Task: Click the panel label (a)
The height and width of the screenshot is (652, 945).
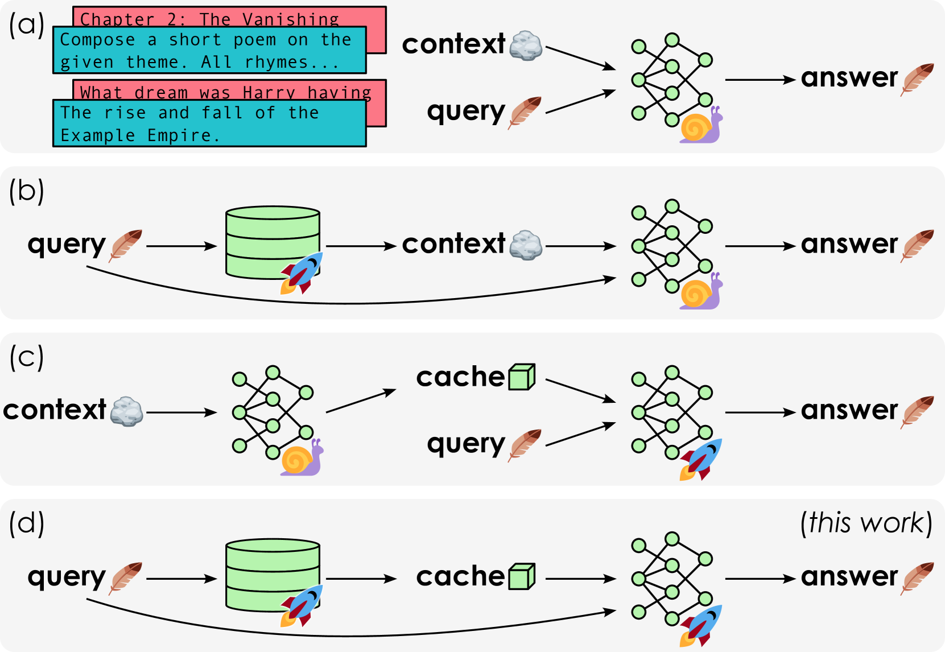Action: (26, 25)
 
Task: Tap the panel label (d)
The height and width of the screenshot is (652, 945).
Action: (26, 523)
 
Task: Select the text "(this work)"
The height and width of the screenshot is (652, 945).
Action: (866, 523)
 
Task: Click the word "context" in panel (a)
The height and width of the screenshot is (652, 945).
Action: (453, 44)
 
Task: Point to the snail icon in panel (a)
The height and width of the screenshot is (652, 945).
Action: (701, 126)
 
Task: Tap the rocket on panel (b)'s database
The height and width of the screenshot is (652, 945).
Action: (302, 273)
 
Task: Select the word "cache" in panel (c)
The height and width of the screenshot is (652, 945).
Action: (460, 377)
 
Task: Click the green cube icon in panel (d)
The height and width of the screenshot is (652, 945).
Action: (522, 577)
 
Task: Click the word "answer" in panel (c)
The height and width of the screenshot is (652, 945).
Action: (849, 410)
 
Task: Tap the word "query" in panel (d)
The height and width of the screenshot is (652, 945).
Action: (67, 577)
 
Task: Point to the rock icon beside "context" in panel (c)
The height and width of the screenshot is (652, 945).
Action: (126, 411)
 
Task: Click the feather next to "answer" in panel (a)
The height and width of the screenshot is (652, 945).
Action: (917, 79)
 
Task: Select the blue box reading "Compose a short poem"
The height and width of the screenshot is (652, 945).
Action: (209, 50)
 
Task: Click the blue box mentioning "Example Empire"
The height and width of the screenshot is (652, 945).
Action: (209, 123)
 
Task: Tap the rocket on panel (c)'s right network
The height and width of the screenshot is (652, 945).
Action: (701, 459)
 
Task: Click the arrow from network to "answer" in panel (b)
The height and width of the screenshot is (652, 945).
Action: (760, 246)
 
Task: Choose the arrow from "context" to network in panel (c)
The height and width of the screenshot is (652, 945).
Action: (181, 412)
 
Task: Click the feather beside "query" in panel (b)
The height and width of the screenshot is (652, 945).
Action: (125, 245)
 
